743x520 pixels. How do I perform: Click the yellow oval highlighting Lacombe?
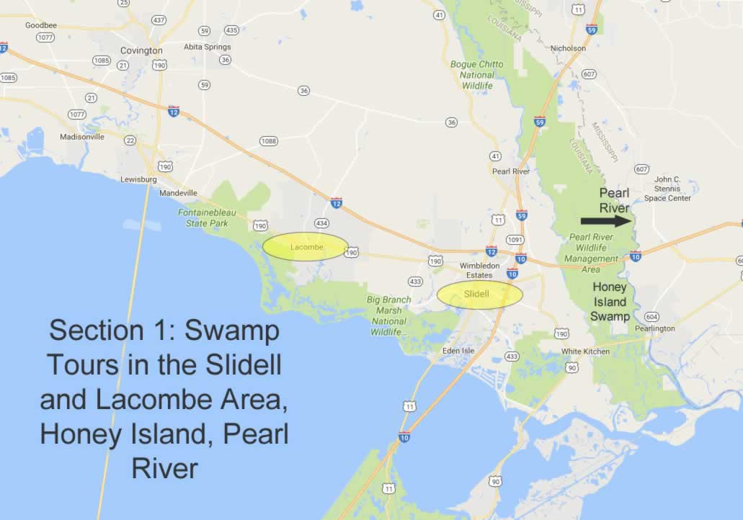pyautogui.click(x=306, y=247)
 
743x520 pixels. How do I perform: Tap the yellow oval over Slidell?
pyautogui.click(x=480, y=295)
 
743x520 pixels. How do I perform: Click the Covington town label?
pyautogui.click(x=141, y=50)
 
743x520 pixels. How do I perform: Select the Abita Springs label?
pyautogui.click(x=208, y=47)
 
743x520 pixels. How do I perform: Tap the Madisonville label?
pyautogui.click(x=82, y=137)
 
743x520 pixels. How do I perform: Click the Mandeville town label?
pyautogui.click(x=178, y=193)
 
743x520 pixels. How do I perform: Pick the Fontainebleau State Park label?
pyautogui.click(x=203, y=218)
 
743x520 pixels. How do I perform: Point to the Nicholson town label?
pyautogui.click(x=569, y=48)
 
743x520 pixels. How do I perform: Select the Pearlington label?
pyautogui.click(x=654, y=328)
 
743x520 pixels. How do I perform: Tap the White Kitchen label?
pyautogui.click(x=585, y=351)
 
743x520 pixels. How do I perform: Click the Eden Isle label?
pyautogui.click(x=460, y=351)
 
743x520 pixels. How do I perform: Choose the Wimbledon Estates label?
pyautogui.click(x=480, y=270)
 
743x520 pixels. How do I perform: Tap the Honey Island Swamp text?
pyautogui.click(x=610, y=301)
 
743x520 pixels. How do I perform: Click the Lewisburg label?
pyautogui.click(x=139, y=179)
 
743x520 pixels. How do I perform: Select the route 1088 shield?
pyautogui.click(x=268, y=141)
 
